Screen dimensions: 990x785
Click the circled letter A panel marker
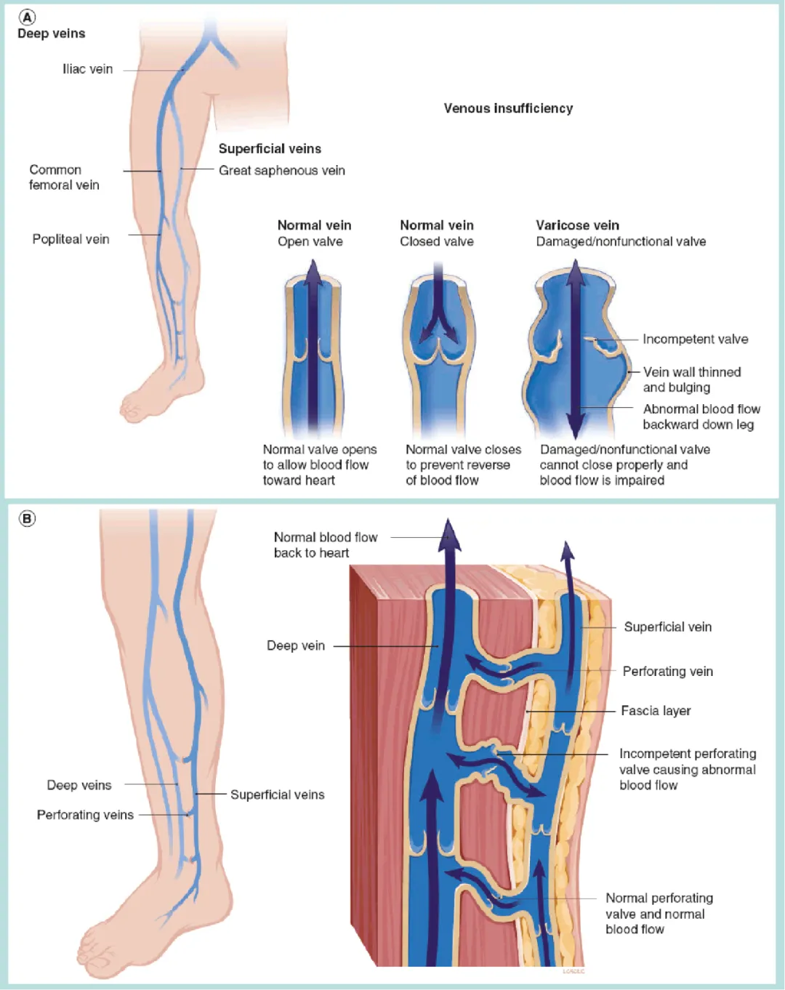click(x=27, y=17)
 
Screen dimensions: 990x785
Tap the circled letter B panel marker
click(x=27, y=519)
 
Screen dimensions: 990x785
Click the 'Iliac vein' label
click(x=87, y=69)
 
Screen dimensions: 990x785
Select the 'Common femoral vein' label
click(x=64, y=177)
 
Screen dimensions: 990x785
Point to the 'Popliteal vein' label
click(x=71, y=239)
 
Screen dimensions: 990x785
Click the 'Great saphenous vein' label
click(x=281, y=170)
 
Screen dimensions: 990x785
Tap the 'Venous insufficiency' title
click(x=508, y=108)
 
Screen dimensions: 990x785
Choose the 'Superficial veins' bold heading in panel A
click(x=270, y=148)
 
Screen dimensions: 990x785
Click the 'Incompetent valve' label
click(x=695, y=339)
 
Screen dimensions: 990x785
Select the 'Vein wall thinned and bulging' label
click(x=691, y=379)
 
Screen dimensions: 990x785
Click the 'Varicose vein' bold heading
click(x=577, y=225)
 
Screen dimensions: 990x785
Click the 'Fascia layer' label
click(x=656, y=711)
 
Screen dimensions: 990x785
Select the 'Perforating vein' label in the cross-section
click(x=667, y=672)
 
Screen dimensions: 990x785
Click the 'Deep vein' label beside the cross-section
click(x=296, y=645)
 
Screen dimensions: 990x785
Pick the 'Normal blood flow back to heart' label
click(x=326, y=545)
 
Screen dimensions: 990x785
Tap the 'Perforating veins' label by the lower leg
click(x=85, y=815)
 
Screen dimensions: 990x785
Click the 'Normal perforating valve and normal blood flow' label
click(x=659, y=914)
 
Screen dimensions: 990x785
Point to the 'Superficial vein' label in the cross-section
click(x=667, y=627)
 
